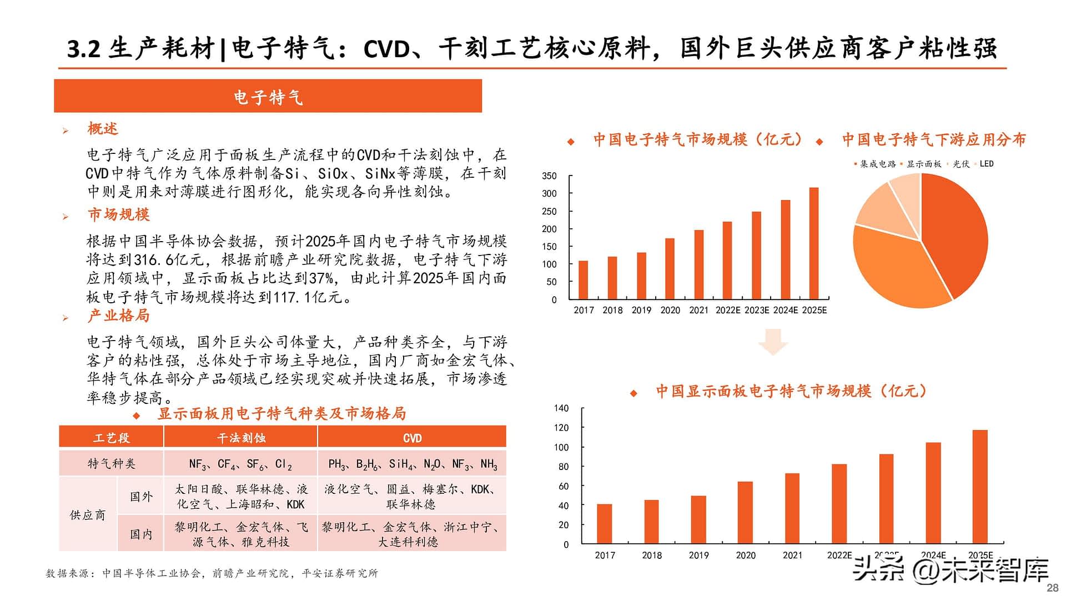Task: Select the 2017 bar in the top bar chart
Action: [583, 280]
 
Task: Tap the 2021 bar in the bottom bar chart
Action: [792, 508]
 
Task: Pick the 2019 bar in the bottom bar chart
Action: [698, 519]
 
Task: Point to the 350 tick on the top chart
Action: [549, 176]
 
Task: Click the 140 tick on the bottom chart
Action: [561, 408]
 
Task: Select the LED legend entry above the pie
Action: [986, 164]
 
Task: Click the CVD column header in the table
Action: [412, 438]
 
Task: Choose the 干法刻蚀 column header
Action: [241, 438]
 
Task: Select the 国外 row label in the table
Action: [141, 496]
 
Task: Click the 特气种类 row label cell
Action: [111, 463]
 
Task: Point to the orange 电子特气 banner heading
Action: [268, 97]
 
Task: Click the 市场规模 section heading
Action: [118, 214]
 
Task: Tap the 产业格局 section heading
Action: [118, 316]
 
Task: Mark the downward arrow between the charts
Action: [773, 341]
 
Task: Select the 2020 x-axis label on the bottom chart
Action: [746, 555]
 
